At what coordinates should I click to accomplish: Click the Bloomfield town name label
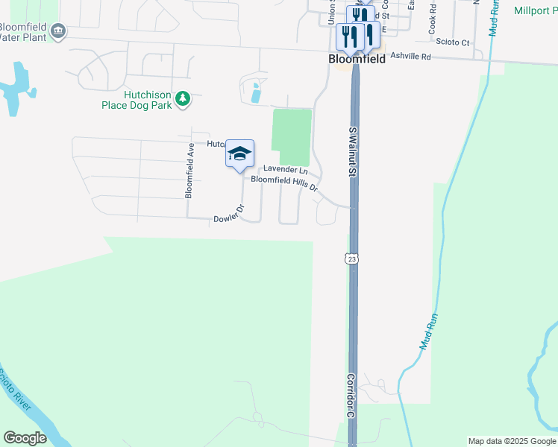click(357, 59)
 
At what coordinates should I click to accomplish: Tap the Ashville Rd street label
click(411, 56)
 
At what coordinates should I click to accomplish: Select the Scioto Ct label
click(454, 42)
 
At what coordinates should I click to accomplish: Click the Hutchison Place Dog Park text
click(137, 101)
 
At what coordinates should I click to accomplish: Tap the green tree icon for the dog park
click(183, 98)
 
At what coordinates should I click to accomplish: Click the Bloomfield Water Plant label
click(22, 32)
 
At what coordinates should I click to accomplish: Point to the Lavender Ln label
click(286, 170)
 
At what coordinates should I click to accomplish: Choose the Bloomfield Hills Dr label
click(284, 180)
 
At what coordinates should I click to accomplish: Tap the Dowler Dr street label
click(229, 215)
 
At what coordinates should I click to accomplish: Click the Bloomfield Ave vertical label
click(189, 170)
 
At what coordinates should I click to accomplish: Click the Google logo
click(25, 437)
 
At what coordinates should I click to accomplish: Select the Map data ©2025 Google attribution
click(512, 441)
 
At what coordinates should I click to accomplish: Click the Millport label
click(536, 10)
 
